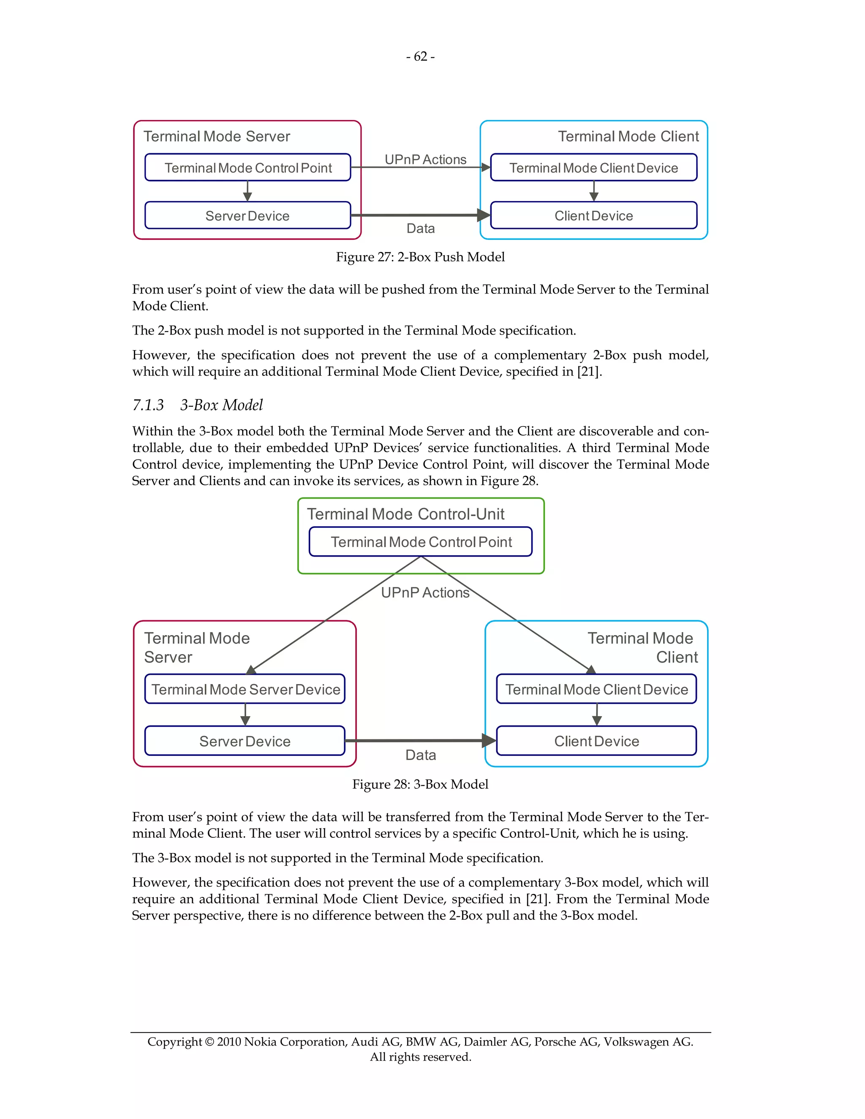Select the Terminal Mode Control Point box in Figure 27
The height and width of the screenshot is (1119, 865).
[x=248, y=168]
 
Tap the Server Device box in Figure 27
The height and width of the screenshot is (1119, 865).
[x=248, y=216]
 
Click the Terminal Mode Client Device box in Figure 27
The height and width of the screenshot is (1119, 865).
[x=593, y=168]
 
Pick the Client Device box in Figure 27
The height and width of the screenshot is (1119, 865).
[x=593, y=216]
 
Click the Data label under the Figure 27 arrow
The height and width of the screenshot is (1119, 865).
[x=420, y=228]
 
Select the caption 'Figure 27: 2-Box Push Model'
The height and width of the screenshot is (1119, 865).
[x=420, y=257]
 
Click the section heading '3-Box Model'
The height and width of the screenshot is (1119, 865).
[x=221, y=405]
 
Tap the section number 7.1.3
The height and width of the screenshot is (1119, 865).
[x=148, y=405]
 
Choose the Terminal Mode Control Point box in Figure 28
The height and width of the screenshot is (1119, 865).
[x=421, y=542]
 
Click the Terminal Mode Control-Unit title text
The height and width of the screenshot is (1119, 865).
[x=405, y=514]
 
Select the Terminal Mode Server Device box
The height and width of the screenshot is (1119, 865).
[x=245, y=689]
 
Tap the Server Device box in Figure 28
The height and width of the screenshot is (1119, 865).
[x=245, y=741]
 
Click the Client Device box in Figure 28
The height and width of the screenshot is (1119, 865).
[x=596, y=741]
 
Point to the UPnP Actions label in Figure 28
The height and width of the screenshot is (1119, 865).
[x=425, y=592]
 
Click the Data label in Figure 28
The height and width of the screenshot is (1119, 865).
[x=420, y=755]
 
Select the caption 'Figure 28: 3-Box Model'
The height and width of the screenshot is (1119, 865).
[x=420, y=784]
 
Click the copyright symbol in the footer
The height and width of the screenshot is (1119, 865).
[x=209, y=1042]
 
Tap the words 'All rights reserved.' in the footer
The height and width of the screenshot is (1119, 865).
[x=420, y=1057]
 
